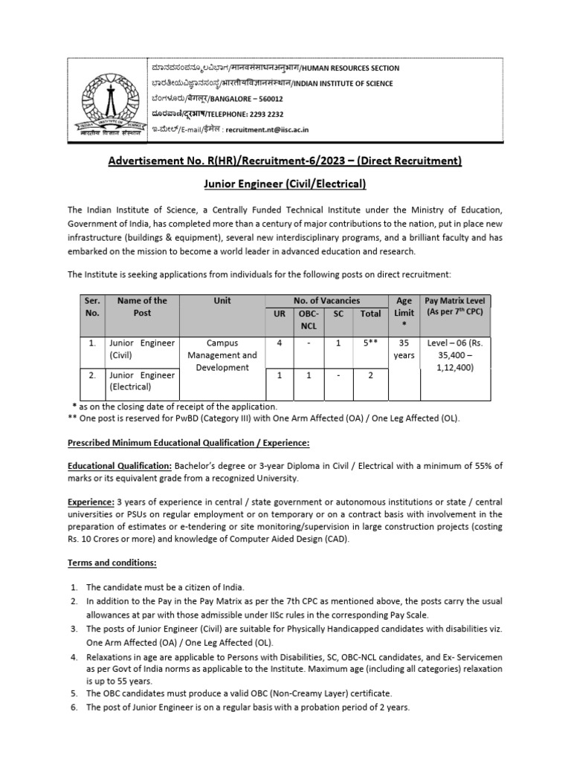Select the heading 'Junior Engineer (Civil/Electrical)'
point(285,184)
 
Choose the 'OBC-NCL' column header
point(308,320)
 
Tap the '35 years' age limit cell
point(404,349)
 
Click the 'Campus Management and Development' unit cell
point(222,355)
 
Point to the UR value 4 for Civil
point(280,343)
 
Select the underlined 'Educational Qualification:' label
point(120,465)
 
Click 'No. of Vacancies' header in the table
point(326,300)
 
